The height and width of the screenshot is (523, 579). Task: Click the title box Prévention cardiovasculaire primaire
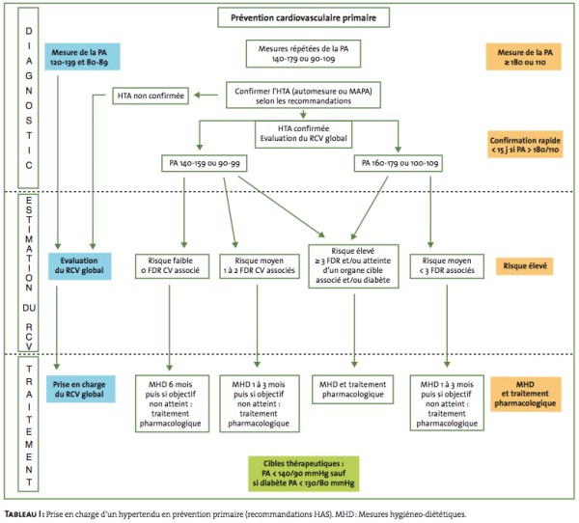303,17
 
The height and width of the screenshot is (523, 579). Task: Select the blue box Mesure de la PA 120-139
82,57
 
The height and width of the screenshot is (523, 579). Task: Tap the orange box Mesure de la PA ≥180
524,57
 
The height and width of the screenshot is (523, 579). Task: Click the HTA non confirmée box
151,96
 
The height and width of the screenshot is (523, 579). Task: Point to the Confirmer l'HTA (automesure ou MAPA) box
303,96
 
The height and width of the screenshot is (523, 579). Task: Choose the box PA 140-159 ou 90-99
205,163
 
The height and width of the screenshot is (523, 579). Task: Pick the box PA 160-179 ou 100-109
399,163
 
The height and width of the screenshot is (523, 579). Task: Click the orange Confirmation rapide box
525,145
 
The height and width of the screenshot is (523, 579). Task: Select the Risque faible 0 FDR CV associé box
172,266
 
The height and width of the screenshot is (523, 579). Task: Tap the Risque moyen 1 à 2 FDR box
260,266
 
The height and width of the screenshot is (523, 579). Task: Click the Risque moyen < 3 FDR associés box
447,266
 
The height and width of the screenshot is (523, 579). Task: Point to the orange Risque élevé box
525,266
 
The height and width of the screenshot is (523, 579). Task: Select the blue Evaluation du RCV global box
79,266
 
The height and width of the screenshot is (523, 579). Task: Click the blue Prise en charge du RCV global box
80,389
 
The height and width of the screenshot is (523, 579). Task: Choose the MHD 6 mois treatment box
172,403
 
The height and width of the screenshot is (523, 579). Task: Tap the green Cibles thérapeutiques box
304,474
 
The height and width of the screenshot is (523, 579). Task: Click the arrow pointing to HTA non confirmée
207,96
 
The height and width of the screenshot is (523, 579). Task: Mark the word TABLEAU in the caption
21,514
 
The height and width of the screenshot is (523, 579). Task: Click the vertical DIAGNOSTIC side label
28,97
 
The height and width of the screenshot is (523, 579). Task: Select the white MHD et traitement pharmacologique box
352,390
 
